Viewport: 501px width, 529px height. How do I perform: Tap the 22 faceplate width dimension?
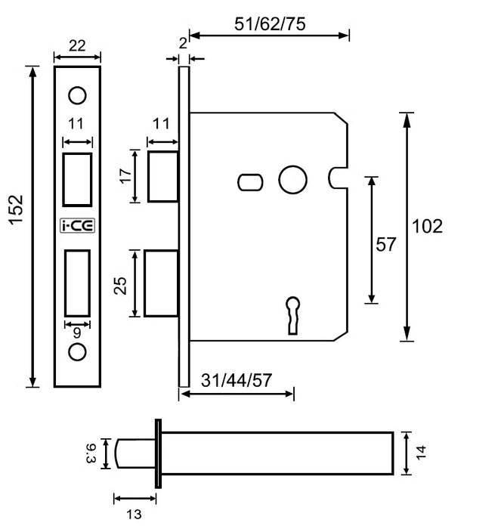pyautogui.click(x=77, y=46)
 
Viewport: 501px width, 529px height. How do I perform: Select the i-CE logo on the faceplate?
pyautogui.click(x=77, y=224)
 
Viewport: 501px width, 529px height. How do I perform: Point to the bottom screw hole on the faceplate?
pyautogui.click(x=77, y=351)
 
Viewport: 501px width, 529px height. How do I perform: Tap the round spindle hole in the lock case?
pyautogui.click(x=292, y=181)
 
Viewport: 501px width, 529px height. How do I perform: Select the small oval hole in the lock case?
pyautogui.click(x=250, y=181)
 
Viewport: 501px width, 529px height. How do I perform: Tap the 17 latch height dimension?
pyautogui.click(x=125, y=177)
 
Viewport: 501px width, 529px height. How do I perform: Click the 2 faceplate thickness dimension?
pyautogui.click(x=183, y=45)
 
